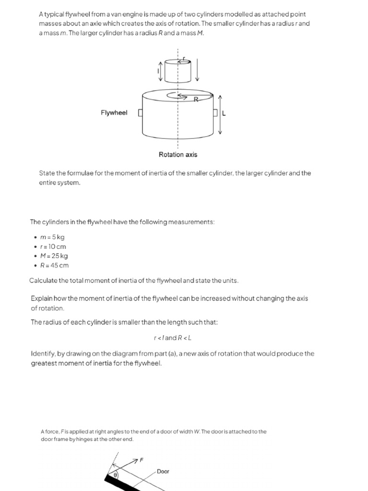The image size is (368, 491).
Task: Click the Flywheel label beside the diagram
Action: pos(114,113)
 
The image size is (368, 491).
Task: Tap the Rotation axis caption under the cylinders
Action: pos(178,154)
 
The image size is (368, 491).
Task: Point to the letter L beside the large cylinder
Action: pos(224,113)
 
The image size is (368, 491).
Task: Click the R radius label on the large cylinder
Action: pos(196,99)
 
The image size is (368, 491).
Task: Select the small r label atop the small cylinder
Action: pos(184,58)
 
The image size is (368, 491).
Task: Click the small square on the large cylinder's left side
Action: pos(140,113)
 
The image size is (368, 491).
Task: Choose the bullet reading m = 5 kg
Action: pos(52,237)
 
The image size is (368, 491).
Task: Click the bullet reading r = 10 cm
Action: pos(53,246)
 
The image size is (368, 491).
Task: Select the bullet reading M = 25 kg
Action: pos(54,256)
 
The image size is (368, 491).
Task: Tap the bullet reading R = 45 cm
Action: pos(54,265)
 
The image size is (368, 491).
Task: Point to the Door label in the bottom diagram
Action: pos(163,471)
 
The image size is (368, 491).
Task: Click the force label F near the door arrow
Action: pos(141,460)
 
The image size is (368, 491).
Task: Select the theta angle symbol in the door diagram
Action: pos(115,476)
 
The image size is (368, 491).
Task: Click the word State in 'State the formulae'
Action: pos(46,173)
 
